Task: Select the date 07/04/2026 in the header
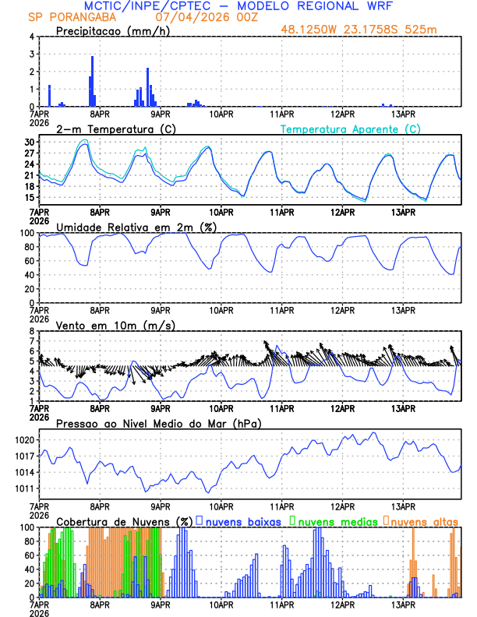pos(192,16)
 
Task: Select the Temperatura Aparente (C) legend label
pos(351,129)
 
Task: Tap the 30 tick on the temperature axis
pos(30,143)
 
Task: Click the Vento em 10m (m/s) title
pos(115,324)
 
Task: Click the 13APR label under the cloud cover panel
pos(402,604)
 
